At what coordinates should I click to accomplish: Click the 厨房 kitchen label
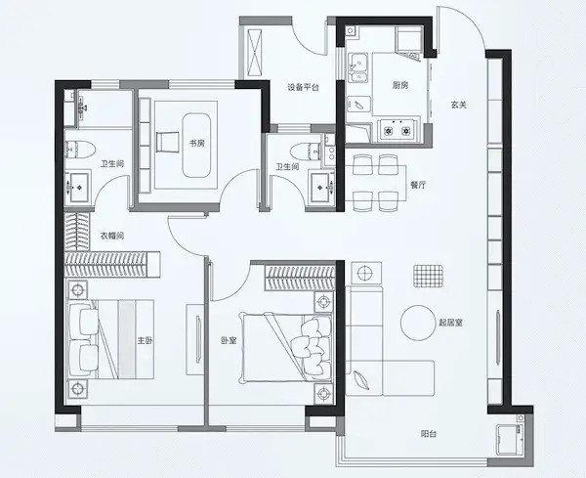click(399, 85)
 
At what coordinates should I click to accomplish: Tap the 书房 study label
click(197, 143)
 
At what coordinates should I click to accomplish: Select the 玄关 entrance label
click(459, 105)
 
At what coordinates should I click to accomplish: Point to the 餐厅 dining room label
click(418, 185)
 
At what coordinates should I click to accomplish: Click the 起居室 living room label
click(450, 323)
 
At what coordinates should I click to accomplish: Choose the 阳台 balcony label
click(429, 434)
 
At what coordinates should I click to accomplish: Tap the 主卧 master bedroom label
click(145, 340)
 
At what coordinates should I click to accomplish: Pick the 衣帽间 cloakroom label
click(112, 236)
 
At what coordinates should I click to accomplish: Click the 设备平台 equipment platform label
click(303, 88)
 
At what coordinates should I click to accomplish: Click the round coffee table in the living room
click(419, 323)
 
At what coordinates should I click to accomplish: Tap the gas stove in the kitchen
click(397, 130)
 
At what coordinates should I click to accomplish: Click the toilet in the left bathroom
click(80, 150)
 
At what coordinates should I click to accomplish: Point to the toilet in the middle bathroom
click(306, 152)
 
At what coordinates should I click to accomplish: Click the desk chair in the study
click(168, 142)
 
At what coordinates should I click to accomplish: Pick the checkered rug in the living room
click(428, 276)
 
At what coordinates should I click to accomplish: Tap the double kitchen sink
click(358, 68)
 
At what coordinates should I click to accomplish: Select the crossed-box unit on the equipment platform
click(254, 51)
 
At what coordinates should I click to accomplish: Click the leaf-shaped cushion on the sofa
click(360, 380)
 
